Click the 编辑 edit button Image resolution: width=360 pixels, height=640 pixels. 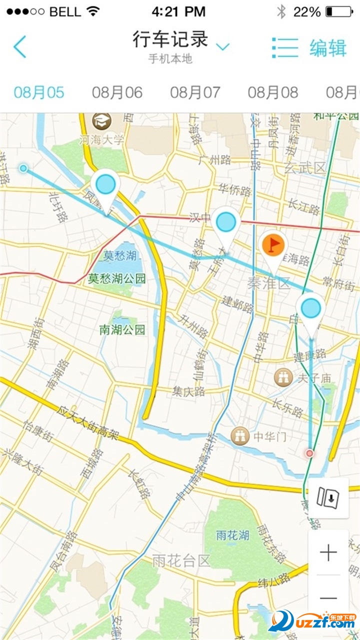328,48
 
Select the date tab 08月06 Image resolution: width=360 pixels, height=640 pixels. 117,92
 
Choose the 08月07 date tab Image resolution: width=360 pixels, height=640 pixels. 195,92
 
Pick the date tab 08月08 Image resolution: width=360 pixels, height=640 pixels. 273,92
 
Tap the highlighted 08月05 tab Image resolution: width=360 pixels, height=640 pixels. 39,92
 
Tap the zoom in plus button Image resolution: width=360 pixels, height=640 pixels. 328,553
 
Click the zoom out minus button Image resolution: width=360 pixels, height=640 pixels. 328,598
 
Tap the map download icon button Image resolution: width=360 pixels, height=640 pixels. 328,497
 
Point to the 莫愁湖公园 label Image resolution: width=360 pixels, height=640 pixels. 117,278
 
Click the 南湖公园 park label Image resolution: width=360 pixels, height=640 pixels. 122,329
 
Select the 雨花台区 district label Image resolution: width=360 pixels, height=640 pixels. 181,560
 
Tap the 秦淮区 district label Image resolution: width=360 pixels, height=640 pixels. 268,284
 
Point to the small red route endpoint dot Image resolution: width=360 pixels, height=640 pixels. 310,453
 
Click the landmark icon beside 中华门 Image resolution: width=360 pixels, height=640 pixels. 240,436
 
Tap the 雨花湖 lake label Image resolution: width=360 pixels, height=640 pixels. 232,535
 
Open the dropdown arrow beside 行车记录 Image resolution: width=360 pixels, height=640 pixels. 222,47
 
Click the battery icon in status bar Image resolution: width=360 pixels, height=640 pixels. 338,11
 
